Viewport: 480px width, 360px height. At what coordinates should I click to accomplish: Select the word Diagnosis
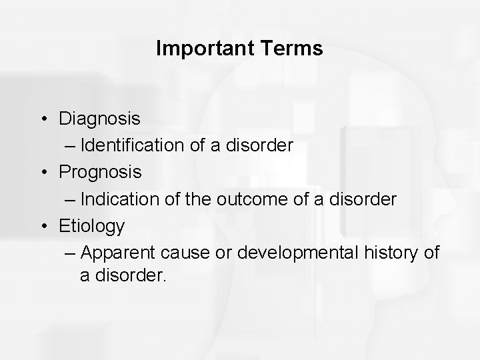pos(100,119)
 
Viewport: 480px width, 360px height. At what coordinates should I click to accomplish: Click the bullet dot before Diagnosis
pos(43,119)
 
